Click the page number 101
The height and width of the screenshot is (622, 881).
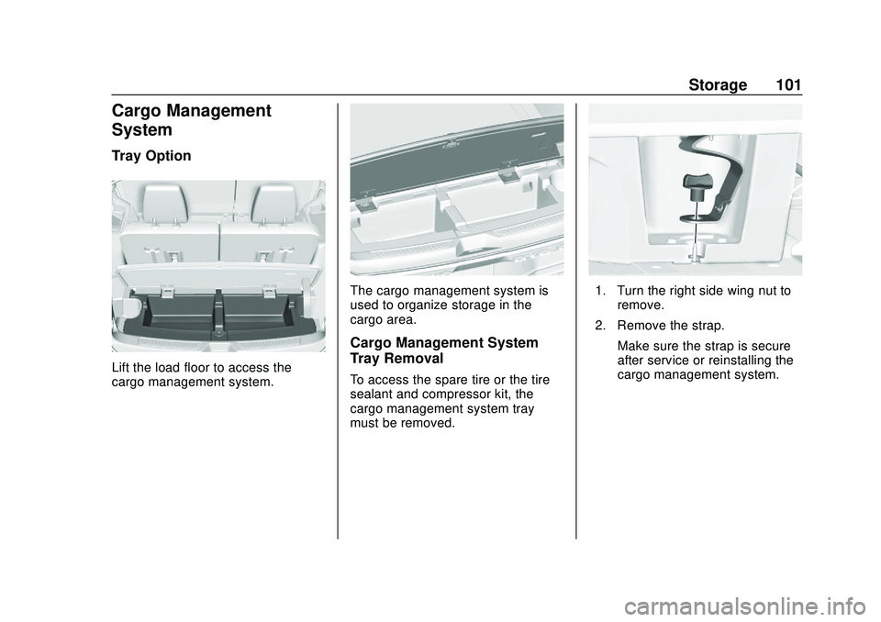tap(787, 85)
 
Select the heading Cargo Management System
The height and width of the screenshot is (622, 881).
tap(191, 120)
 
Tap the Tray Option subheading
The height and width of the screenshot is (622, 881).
tap(151, 156)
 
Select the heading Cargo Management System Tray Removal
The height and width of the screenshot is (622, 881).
tap(444, 350)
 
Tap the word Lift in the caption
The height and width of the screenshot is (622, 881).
tap(122, 368)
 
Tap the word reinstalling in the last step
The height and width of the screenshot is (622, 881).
tap(750, 360)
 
